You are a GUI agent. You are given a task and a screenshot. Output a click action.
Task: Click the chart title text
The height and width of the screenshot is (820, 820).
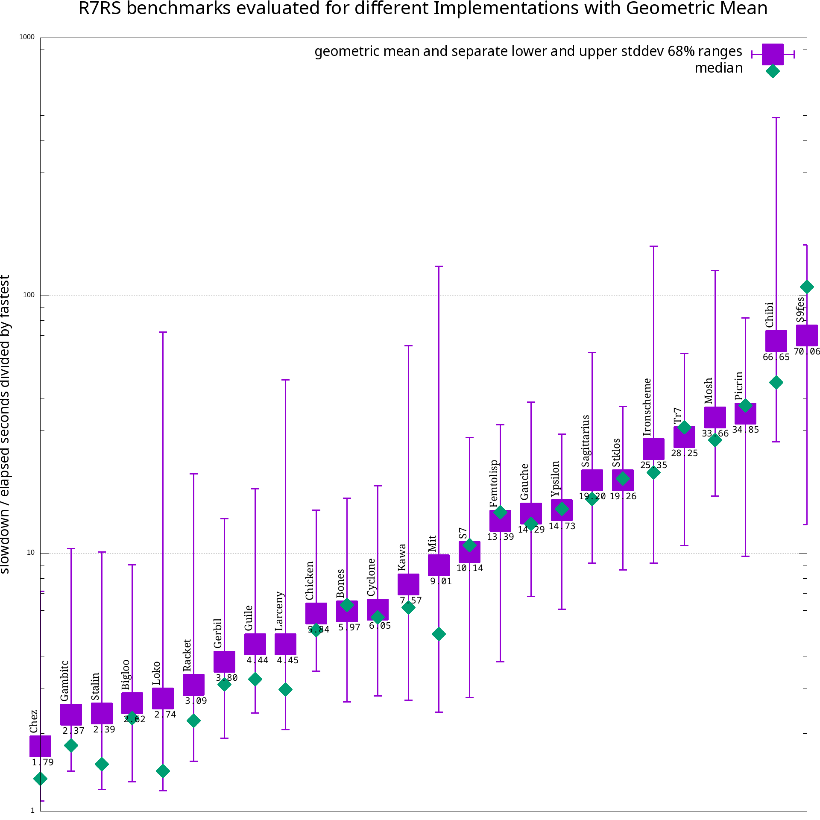(x=422, y=9)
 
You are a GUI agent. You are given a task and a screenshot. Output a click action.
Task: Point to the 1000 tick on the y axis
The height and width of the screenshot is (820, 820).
(x=27, y=37)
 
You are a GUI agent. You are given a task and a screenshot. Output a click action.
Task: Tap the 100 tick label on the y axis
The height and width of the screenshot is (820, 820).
(x=29, y=295)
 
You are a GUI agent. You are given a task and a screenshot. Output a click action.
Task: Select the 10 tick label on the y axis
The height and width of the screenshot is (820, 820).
(x=30, y=553)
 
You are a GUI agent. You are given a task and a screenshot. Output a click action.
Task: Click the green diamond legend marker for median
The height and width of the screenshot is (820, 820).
(x=772, y=71)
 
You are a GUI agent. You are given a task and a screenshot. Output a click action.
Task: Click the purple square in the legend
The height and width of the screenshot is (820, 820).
(x=772, y=54)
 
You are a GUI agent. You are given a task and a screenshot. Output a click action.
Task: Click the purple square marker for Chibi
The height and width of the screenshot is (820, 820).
(x=776, y=341)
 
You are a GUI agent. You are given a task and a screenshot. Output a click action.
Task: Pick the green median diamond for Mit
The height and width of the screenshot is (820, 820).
(x=439, y=634)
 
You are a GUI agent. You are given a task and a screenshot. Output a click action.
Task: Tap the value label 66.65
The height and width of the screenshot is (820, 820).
(x=776, y=357)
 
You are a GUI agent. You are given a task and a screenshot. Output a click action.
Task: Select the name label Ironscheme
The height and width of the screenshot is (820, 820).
(x=647, y=407)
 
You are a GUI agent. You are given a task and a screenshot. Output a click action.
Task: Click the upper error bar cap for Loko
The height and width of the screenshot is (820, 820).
(x=163, y=332)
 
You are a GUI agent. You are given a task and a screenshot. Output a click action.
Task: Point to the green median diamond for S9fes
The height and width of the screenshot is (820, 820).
(x=806, y=287)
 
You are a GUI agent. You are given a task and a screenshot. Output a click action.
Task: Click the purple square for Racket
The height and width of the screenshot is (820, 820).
(x=193, y=685)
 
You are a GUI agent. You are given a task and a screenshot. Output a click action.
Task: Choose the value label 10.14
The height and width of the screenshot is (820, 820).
(x=469, y=568)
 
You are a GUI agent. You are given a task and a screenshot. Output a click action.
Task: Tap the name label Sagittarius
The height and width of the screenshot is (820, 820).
(x=586, y=441)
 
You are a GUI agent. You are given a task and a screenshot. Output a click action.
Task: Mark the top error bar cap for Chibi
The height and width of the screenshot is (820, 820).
(x=776, y=117)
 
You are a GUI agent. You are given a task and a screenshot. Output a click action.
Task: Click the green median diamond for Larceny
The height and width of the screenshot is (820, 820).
(x=285, y=689)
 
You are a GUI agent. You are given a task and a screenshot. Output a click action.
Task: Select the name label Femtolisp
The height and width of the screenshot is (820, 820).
(x=494, y=483)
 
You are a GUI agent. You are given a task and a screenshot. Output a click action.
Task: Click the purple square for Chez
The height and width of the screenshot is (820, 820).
(x=40, y=746)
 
